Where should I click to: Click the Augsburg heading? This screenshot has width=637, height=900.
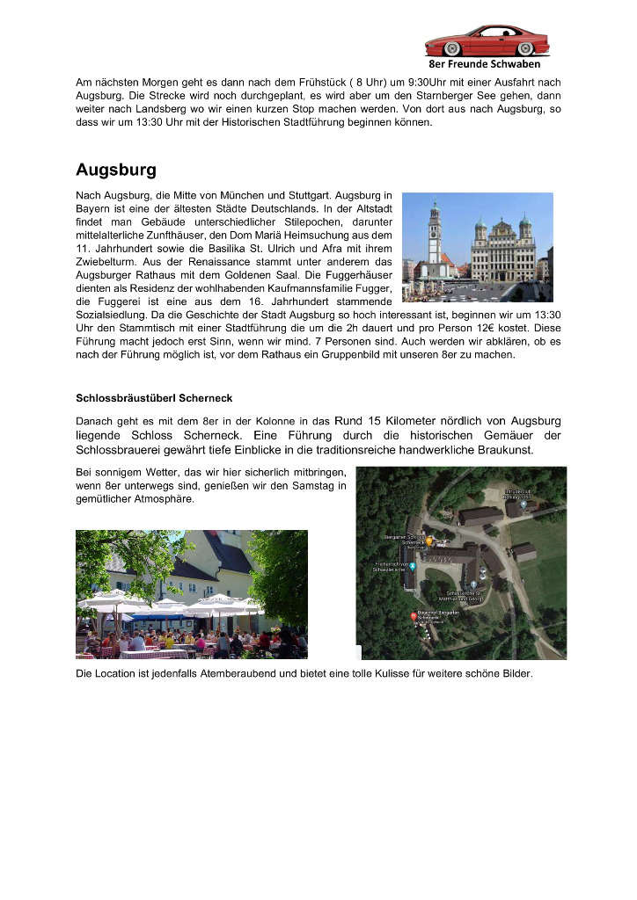(x=116, y=168)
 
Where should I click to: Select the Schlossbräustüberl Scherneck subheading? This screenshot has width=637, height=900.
(x=154, y=398)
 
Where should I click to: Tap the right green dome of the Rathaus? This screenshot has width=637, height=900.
(x=525, y=223)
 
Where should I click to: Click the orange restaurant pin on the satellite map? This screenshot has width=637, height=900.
(x=428, y=542)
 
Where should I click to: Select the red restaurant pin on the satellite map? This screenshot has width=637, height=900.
(x=414, y=617)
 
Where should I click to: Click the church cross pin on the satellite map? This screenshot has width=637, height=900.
(x=473, y=584)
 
